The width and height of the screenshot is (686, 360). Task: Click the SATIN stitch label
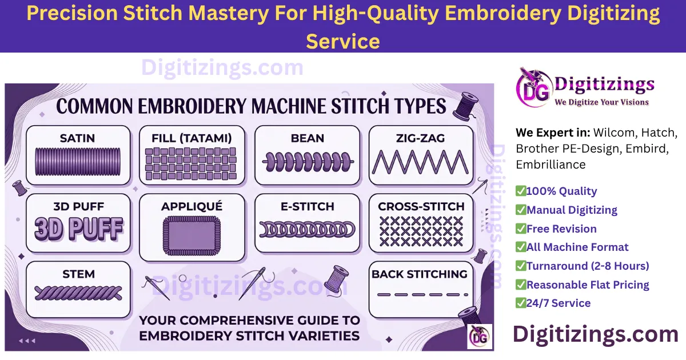pyautogui.click(x=78, y=138)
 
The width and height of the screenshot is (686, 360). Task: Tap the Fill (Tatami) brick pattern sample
pyautogui.click(x=192, y=164)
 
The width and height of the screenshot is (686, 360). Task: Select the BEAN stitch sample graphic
pyautogui.click(x=308, y=162)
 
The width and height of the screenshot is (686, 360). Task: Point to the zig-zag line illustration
pyautogui.click(x=420, y=162)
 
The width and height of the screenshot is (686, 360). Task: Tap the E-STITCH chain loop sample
pyautogui.click(x=308, y=230)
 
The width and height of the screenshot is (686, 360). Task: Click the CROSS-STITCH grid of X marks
pyautogui.click(x=421, y=231)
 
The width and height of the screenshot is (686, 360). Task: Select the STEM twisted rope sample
pyautogui.click(x=78, y=294)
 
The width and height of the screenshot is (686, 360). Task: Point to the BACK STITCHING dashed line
pyautogui.click(x=420, y=295)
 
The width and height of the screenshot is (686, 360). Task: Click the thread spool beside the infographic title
pyautogui.click(x=465, y=106)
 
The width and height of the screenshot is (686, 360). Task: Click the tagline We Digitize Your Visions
pyautogui.click(x=601, y=102)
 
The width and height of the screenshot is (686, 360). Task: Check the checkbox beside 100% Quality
pyautogui.click(x=521, y=191)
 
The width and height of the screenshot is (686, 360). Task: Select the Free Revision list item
pyautogui.click(x=561, y=229)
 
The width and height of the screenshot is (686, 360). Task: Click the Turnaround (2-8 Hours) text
pyautogui.click(x=588, y=266)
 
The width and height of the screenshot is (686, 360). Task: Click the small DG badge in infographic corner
pyautogui.click(x=479, y=337)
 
